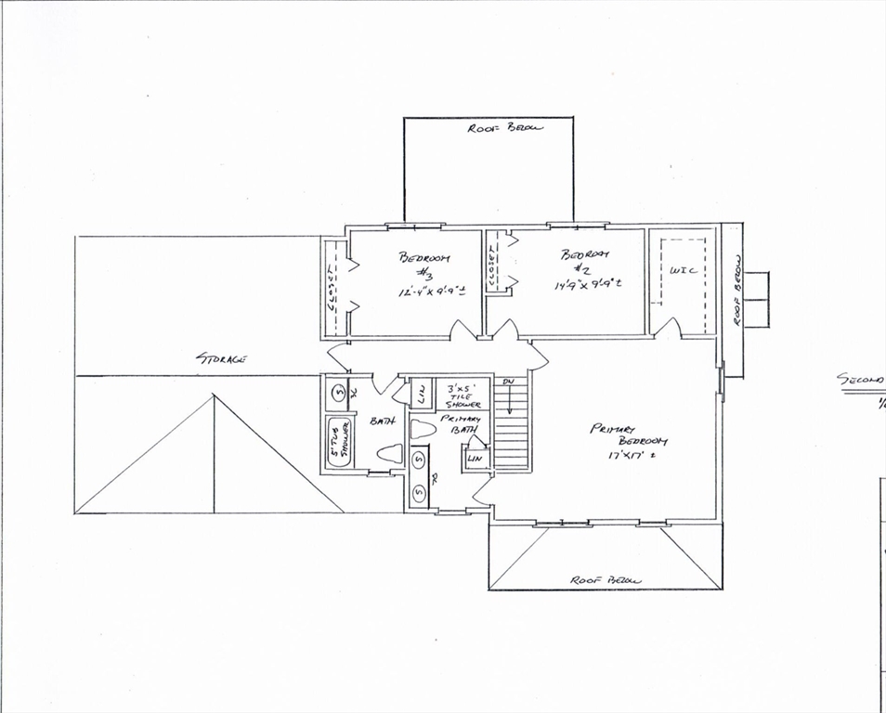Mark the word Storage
[220, 357]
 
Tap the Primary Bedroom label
[629, 434]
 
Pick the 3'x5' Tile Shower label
[463, 395]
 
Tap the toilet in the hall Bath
[389, 455]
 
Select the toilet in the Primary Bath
[423, 429]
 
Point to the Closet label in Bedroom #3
[332, 287]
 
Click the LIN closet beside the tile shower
[419, 393]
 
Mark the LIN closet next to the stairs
[476, 459]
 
